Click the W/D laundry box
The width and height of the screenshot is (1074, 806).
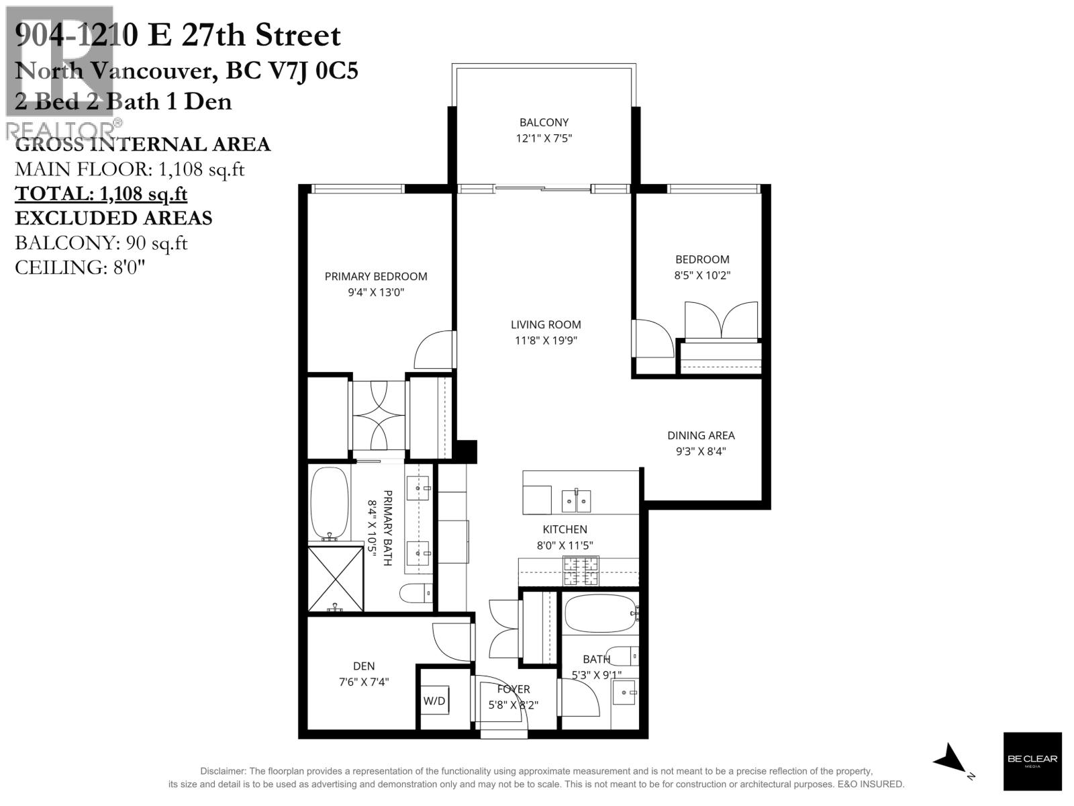(434, 701)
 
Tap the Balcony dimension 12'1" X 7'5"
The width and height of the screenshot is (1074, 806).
(544, 138)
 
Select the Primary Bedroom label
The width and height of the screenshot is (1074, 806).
(376, 276)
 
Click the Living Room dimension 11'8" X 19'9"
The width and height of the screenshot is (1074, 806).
(546, 341)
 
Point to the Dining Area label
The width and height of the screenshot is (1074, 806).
(701, 435)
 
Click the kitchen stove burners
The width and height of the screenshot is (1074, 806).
(581, 572)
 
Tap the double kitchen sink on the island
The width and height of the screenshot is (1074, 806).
(576, 500)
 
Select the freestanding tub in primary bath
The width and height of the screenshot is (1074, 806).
(329, 504)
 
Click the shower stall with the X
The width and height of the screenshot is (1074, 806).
(335, 578)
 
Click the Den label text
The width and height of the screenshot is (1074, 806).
(364, 666)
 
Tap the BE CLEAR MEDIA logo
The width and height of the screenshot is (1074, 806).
(1032, 760)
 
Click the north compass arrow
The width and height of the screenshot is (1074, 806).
(952, 759)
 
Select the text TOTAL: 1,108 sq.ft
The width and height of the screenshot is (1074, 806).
(101, 193)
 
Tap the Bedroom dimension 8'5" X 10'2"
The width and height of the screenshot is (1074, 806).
(702, 275)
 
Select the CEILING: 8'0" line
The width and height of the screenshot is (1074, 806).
(80, 267)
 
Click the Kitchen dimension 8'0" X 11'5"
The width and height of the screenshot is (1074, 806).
(565, 546)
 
